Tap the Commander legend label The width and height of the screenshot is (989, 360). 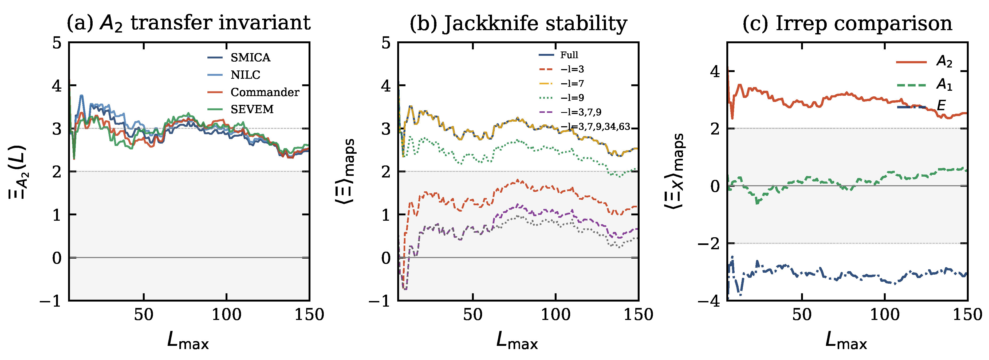point(265,92)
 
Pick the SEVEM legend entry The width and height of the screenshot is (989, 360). point(252,109)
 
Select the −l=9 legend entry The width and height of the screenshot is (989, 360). point(572,97)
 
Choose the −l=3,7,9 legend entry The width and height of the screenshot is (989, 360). point(581,112)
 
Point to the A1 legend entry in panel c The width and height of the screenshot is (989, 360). point(944,84)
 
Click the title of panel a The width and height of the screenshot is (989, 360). point(188,23)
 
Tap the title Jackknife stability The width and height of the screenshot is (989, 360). point(518,23)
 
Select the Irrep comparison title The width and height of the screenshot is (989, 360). point(847,23)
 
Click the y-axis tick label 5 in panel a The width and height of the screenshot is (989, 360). point(57,43)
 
